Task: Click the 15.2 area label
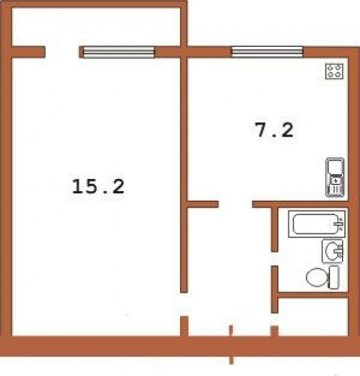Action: [x=98, y=186]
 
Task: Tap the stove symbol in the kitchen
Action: [x=335, y=72]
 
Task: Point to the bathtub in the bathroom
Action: [x=315, y=224]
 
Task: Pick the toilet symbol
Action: [x=323, y=278]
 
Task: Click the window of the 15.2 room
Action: [x=119, y=52]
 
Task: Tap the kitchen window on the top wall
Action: [x=267, y=52]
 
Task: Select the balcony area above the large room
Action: [x=96, y=27]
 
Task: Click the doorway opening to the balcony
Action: [x=62, y=52]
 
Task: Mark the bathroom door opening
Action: [x=275, y=259]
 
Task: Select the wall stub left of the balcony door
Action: [x=27, y=52]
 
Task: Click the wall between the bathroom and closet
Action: [x=313, y=295]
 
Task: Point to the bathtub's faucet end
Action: [x=340, y=224]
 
